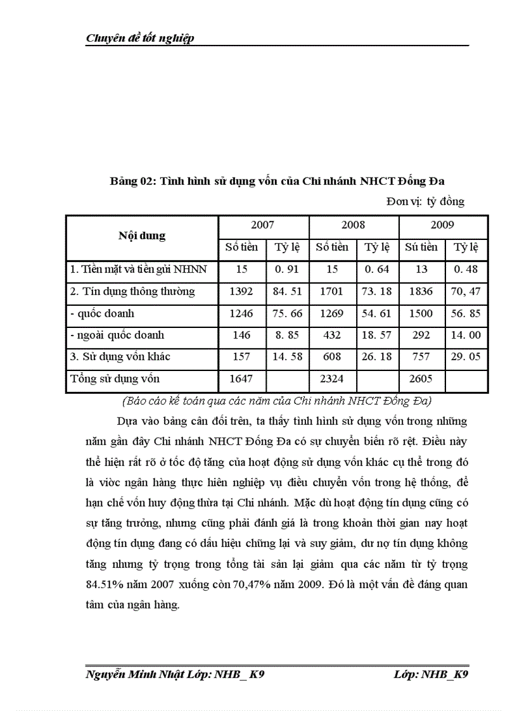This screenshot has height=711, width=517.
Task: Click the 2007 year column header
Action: (262, 225)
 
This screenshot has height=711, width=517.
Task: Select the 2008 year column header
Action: (353, 225)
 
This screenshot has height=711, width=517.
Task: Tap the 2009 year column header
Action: (442, 225)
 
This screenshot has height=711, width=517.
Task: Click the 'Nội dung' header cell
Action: (142, 236)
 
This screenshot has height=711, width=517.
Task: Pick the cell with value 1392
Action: (241, 292)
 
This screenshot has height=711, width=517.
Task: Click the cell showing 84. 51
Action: (286, 292)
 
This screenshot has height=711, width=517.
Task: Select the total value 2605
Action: (421, 379)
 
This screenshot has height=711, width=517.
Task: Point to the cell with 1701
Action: (331, 292)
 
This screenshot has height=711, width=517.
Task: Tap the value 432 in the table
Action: (331, 336)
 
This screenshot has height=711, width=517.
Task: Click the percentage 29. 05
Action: (466, 357)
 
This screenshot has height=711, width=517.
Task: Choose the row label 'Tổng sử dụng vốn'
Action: (115, 379)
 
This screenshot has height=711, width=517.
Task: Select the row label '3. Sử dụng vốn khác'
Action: (120, 357)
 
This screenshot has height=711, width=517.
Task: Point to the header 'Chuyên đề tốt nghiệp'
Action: (140, 39)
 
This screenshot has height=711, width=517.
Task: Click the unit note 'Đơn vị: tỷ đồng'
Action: (425, 202)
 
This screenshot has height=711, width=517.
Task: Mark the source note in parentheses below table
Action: (276, 401)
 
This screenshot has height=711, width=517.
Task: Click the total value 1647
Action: (241, 379)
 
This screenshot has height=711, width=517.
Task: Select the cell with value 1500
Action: (421, 313)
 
